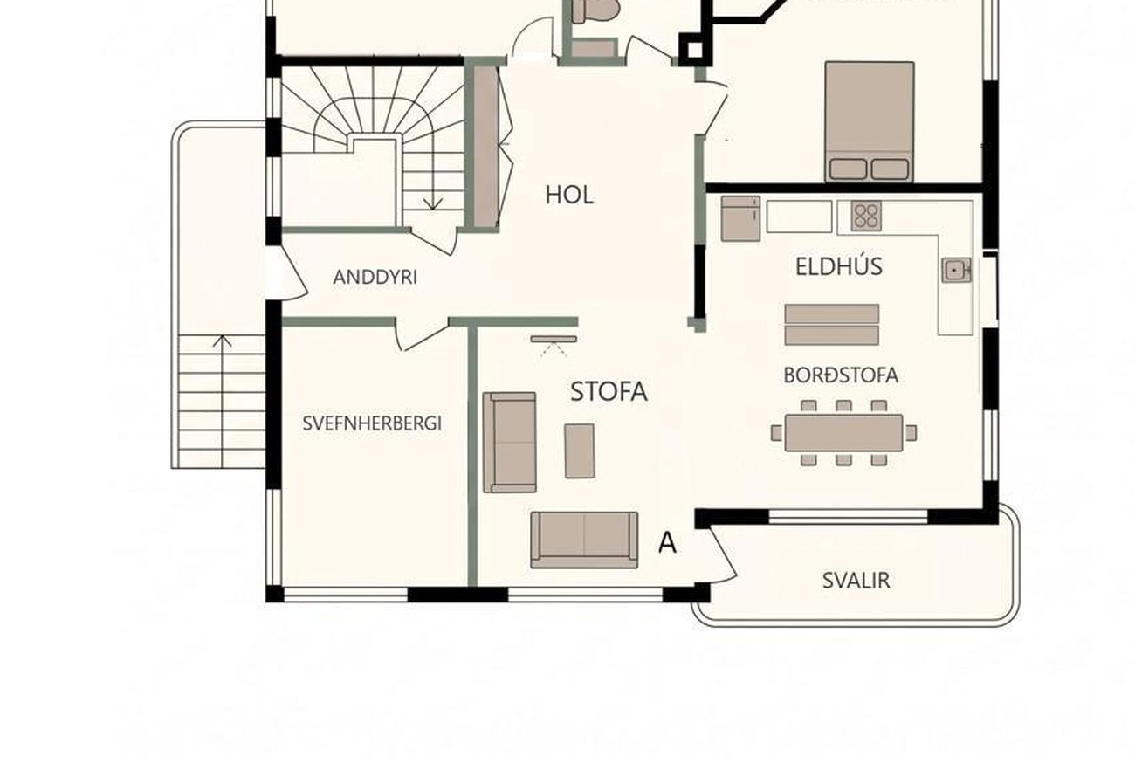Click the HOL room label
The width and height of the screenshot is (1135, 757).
pos(569,195)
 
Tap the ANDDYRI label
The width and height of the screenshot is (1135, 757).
pos(375,277)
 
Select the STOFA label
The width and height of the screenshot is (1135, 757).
pos(609,391)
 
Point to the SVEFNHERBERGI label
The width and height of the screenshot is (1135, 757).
pos(372,423)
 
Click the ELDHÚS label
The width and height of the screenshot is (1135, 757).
pos(838,266)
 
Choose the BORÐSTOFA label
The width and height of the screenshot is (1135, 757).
pos(841,375)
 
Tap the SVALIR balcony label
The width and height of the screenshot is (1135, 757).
pos(856,581)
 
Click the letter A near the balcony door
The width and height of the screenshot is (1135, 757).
pos(667,543)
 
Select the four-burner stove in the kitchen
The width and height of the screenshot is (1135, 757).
pos(866,216)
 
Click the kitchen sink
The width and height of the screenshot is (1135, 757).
pos(956,270)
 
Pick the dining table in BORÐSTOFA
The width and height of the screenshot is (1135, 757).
pos(843,433)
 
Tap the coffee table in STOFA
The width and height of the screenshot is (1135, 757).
pos(580,451)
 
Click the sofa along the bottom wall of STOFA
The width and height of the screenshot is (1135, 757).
pos(584,540)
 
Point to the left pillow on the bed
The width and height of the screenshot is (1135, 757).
pos(848,169)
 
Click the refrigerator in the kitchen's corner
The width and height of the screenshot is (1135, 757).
pos(740,218)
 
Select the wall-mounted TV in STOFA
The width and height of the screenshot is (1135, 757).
pos(554,339)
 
